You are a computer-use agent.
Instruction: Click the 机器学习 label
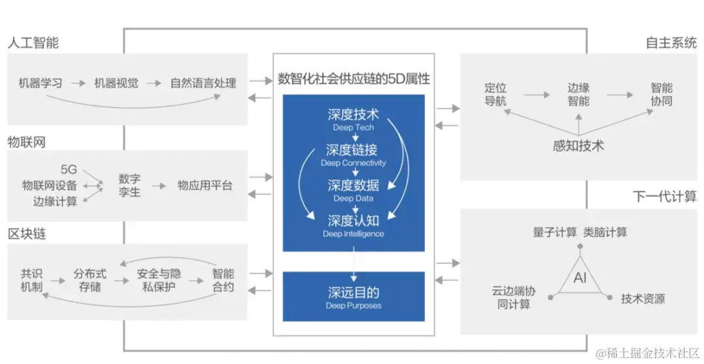[40, 83]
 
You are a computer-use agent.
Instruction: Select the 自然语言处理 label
[203, 83]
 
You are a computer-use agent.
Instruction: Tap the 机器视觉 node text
[116, 83]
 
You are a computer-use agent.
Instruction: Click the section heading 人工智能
[33, 43]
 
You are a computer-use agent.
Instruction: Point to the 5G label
[68, 170]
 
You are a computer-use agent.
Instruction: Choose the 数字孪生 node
[129, 185]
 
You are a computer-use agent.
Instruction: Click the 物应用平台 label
[205, 186]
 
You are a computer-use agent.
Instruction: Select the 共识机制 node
[31, 280]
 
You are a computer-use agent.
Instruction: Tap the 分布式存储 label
[90, 280]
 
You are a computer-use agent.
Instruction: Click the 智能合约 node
[223, 280]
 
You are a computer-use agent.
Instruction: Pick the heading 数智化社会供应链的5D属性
[354, 79]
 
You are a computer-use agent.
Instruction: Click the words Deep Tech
[353, 128]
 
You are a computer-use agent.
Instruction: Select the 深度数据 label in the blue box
[353, 185]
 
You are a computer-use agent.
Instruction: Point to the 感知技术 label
[578, 145]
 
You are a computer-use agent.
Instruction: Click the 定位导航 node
[495, 94]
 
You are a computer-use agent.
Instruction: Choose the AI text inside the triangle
[580, 278]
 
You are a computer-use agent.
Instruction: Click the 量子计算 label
[555, 232]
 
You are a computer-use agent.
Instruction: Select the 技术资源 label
[643, 299]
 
